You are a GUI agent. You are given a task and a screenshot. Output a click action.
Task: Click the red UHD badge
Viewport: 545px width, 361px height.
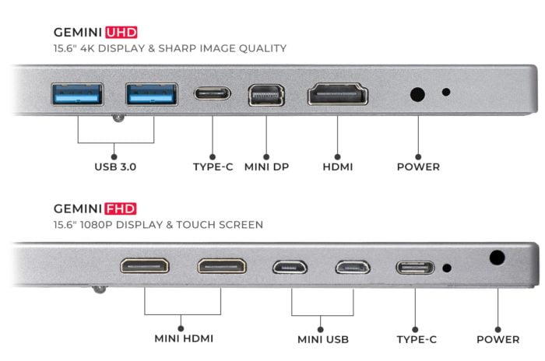coord(121,33)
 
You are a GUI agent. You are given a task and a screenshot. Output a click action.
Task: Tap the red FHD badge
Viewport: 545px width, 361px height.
coord(121,209)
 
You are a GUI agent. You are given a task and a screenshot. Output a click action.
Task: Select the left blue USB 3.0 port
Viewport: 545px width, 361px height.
coord(77,94)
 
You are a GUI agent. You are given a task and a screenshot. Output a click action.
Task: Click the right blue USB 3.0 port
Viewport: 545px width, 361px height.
coord(152,94)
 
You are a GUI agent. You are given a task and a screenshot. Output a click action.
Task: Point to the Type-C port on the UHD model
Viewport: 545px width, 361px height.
coord(213,93)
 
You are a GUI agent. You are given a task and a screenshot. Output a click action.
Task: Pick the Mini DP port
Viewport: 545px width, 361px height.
coord(266,95)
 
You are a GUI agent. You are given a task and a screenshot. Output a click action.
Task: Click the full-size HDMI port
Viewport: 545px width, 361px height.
coord(337,94)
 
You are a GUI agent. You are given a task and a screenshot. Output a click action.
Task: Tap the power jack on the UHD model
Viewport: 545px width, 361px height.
coord(417,94)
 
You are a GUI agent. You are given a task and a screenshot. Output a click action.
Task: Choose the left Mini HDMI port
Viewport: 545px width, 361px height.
coord(145,266)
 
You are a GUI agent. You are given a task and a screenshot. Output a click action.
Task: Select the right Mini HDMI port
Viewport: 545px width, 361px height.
coord(222,267)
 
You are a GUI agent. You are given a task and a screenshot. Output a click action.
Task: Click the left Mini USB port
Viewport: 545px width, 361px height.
coord(290,268)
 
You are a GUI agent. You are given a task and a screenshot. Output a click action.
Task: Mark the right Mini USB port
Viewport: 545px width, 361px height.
coord(353,268)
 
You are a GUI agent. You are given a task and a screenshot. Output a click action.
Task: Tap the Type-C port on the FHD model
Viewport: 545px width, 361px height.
coord(415,268)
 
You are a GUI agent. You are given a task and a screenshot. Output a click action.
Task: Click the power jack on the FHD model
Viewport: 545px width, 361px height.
coord(497,258)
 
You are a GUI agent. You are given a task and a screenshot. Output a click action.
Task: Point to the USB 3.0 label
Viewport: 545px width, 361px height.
coord(115,166)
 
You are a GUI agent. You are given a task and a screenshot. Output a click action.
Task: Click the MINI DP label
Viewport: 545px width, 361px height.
coord(266,166)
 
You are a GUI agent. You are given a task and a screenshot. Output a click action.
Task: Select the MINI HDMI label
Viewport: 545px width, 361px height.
coord(184,338)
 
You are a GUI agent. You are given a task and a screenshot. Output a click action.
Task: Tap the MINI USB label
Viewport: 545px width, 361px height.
coord(323,339)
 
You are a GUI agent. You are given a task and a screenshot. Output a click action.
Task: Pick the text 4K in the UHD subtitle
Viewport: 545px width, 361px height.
coord(87,48)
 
